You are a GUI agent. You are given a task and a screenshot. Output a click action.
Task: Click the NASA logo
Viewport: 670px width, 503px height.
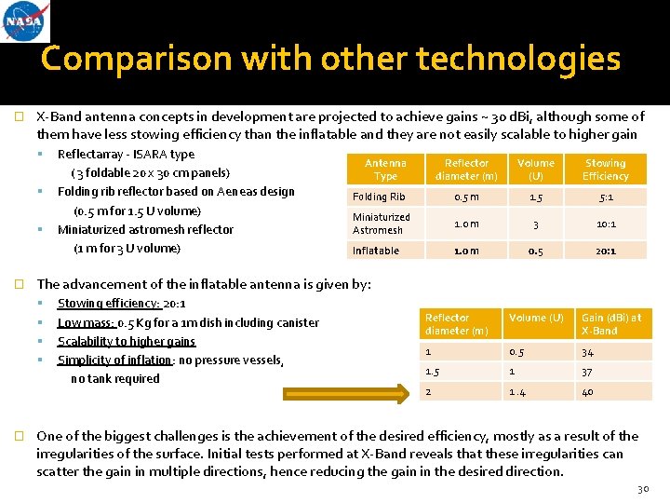pos(26,22)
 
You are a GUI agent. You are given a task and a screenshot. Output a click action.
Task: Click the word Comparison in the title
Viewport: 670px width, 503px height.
pos(137,60)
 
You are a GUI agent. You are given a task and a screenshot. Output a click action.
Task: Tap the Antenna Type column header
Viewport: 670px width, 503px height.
pos(385,170)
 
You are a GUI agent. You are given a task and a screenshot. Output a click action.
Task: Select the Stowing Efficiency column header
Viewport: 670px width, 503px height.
pos(605,170)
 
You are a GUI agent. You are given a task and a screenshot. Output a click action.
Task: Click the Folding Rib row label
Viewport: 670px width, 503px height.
pos(379,197)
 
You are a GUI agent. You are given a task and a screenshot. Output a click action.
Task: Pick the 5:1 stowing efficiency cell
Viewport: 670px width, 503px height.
pos(606,197)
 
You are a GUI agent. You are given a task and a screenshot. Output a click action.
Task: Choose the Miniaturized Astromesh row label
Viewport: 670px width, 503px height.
pos(381,224)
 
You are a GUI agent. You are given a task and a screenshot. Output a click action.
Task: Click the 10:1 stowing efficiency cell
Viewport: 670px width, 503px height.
pos(606,224)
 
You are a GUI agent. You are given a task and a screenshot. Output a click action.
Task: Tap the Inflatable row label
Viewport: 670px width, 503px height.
pos(376,251)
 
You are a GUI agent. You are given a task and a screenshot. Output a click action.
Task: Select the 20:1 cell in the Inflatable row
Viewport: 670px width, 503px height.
pos(606,251)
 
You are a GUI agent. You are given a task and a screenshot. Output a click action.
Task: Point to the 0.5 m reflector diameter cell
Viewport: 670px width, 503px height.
pos(466,197)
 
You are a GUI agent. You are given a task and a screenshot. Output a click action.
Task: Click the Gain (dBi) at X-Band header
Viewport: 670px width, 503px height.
pos(610,324)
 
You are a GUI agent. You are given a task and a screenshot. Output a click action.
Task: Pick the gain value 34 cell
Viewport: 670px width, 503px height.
pos(588,352)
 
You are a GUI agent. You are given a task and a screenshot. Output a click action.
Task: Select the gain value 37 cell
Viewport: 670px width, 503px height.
pos(588,372)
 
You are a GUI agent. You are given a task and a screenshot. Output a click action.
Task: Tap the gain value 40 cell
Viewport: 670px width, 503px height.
pos(588,391)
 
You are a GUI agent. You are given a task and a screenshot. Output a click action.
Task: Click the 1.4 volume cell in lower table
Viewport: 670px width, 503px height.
pos(519,391)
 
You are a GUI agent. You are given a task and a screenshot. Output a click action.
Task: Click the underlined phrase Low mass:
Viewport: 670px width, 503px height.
pos(86,322)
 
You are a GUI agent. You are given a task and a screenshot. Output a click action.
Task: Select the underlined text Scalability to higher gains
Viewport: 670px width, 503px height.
pos(127,341)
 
